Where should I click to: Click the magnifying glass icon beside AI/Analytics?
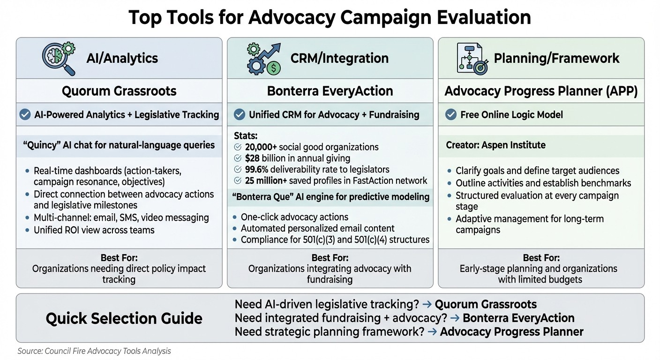(x=59, y=58)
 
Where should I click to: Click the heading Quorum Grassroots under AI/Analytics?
(x=119, y=90)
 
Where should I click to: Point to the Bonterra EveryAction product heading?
(x=330, y=90)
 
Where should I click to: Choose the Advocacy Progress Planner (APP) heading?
(x=541, y=91)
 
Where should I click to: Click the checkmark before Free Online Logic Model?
(x=450, y=115)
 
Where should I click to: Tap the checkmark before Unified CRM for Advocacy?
(x=239, y=115)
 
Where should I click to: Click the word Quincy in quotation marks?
(x=39, y=145)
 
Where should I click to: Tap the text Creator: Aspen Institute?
(x=495, y=145)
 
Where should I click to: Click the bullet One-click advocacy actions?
(x=294, y=217)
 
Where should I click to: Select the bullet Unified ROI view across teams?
(x=94, y=230)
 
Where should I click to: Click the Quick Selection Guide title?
(x=124, y=319)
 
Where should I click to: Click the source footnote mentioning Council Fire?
(x=94, y=351)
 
